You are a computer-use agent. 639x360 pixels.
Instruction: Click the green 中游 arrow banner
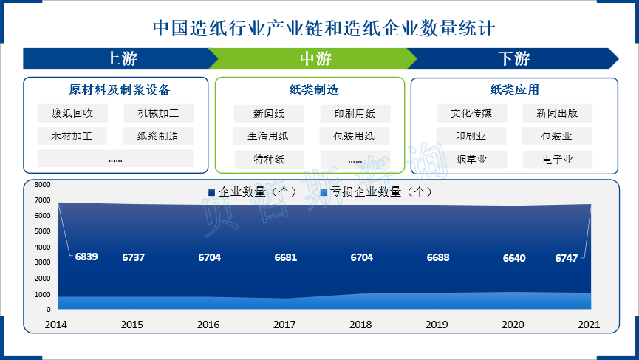tap(312, 58)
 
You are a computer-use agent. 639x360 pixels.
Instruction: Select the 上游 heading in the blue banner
tap(121, 58)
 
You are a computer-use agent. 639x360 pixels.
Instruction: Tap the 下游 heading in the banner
tap(514, 58)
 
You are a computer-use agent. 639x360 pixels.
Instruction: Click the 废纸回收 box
tap(72, 113)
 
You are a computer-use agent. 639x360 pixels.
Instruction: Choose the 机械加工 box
tap(159, 113)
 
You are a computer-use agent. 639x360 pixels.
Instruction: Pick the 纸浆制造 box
tap(158, 136)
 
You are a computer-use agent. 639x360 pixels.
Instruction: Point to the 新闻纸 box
tap(269, 113)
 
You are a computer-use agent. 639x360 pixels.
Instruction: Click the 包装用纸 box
tap(355, 136)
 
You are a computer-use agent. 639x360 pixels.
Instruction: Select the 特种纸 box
tap(270, 160)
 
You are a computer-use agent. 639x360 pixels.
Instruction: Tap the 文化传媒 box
tap(471, 113)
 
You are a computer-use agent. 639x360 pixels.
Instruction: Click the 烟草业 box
tap(471, 160)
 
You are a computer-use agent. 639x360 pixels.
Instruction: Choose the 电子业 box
tap(558, 160)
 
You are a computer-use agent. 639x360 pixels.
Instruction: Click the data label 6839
tap(86, 257)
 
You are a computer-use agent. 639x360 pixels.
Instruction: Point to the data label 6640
tap(514, 258)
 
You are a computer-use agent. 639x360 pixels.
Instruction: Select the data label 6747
tap(567, 258)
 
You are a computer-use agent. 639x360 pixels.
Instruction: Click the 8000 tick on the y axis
tap(42, 184)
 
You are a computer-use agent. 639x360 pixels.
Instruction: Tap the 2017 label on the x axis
tap(284, 325)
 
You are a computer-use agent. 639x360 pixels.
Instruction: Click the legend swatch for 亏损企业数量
tap(324, 192)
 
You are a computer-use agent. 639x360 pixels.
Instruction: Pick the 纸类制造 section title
tap(314, 89)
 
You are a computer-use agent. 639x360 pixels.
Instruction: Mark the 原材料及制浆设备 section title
tap(120, 89)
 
